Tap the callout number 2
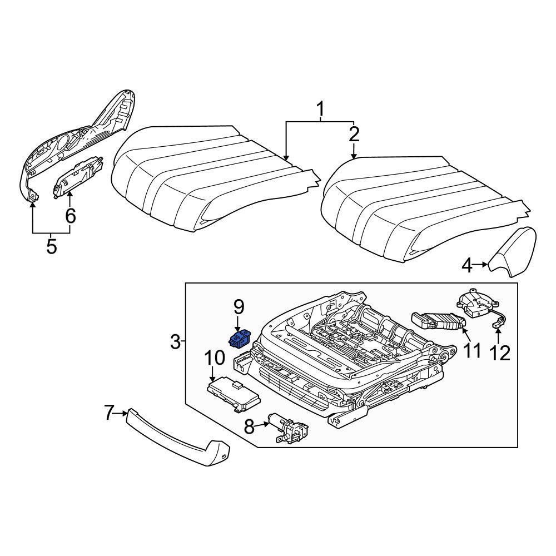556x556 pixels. click(x=354, y=135)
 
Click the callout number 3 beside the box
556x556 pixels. click(x=175, y=342)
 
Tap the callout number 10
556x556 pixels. click(x=215, y=359)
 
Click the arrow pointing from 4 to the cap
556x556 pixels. click(x=480, y=267)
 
